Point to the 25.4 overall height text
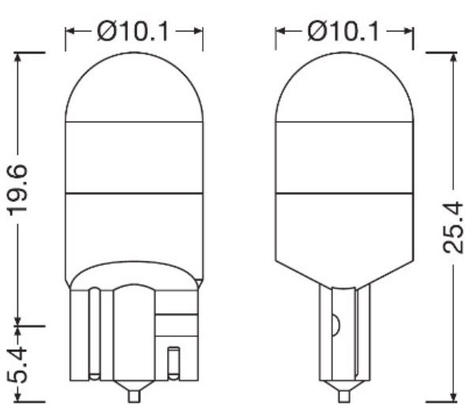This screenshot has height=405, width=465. (x=451, y=227)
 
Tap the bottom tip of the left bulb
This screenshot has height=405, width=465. (x=133, y=392)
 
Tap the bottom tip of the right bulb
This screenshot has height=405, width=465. (x=344, y=392)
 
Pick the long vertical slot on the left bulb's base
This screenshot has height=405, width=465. (x=93, y=332)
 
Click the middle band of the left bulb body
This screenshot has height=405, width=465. (x=133, y=157)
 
